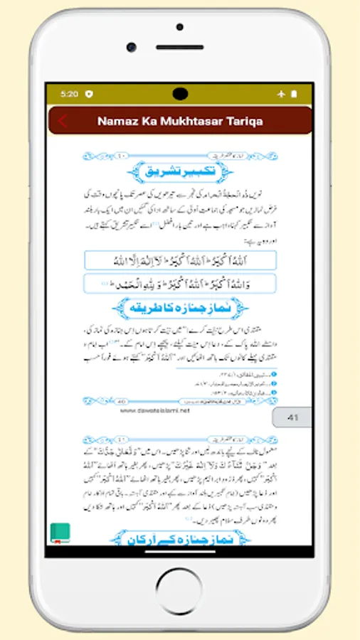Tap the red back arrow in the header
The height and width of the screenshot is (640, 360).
click(x=63, y=121)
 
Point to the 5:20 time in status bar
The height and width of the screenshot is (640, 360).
click(x=70, y=94)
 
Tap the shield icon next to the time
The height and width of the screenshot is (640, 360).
click(x=89, y=94)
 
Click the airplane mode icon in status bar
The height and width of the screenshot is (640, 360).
click(x=281, y=94)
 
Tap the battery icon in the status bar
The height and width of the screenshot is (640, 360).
click(x=295, y=94)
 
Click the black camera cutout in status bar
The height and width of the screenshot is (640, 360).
click(x=180, y=93)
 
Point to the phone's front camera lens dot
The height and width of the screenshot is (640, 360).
click(x=132, y=47)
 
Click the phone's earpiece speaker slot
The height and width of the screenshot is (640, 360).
click(x=180, y=47)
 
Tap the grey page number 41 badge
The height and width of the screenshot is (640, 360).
click(x=292, y=417)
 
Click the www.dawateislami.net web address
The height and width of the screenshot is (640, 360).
click(x=154, y=410)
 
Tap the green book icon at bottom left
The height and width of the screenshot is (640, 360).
click(x=60, y=533)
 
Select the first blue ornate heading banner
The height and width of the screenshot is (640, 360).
click(x=180, y=171)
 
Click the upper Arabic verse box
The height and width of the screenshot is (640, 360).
click(x=180, y=260)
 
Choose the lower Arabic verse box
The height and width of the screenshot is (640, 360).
click(x=180, y=284)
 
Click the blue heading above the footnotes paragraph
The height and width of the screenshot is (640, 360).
click(x=180, y=309)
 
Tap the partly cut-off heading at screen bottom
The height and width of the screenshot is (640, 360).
click(x=180, y=538)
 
